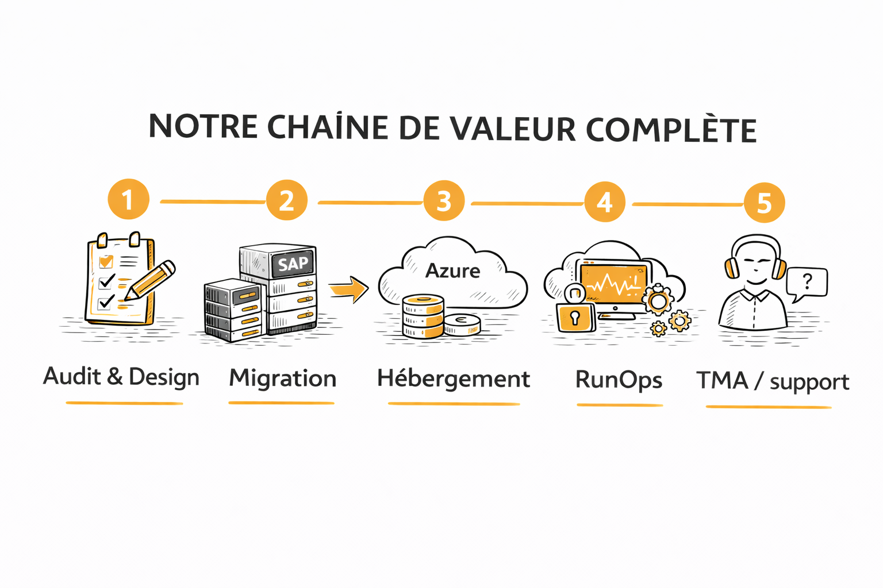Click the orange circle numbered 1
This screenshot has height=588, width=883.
point(128,199)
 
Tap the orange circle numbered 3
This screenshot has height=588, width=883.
point(444,201)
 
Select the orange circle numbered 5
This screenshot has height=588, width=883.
point(764,203)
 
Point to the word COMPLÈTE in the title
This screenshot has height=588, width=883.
point(671,130)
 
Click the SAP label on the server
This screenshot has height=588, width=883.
point(293,264)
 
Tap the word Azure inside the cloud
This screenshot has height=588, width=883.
point(452,270)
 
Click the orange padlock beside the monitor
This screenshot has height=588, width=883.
point(575,316)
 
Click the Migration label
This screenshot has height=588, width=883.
point(282,378)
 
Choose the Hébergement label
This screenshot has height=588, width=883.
point(454,379)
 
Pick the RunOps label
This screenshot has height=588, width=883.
point(619,380)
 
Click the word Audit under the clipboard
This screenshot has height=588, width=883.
point(72,376)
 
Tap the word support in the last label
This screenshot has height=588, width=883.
point(809,382)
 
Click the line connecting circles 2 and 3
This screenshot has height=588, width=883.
point(370,203)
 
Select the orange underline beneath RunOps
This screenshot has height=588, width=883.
point(620,405)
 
